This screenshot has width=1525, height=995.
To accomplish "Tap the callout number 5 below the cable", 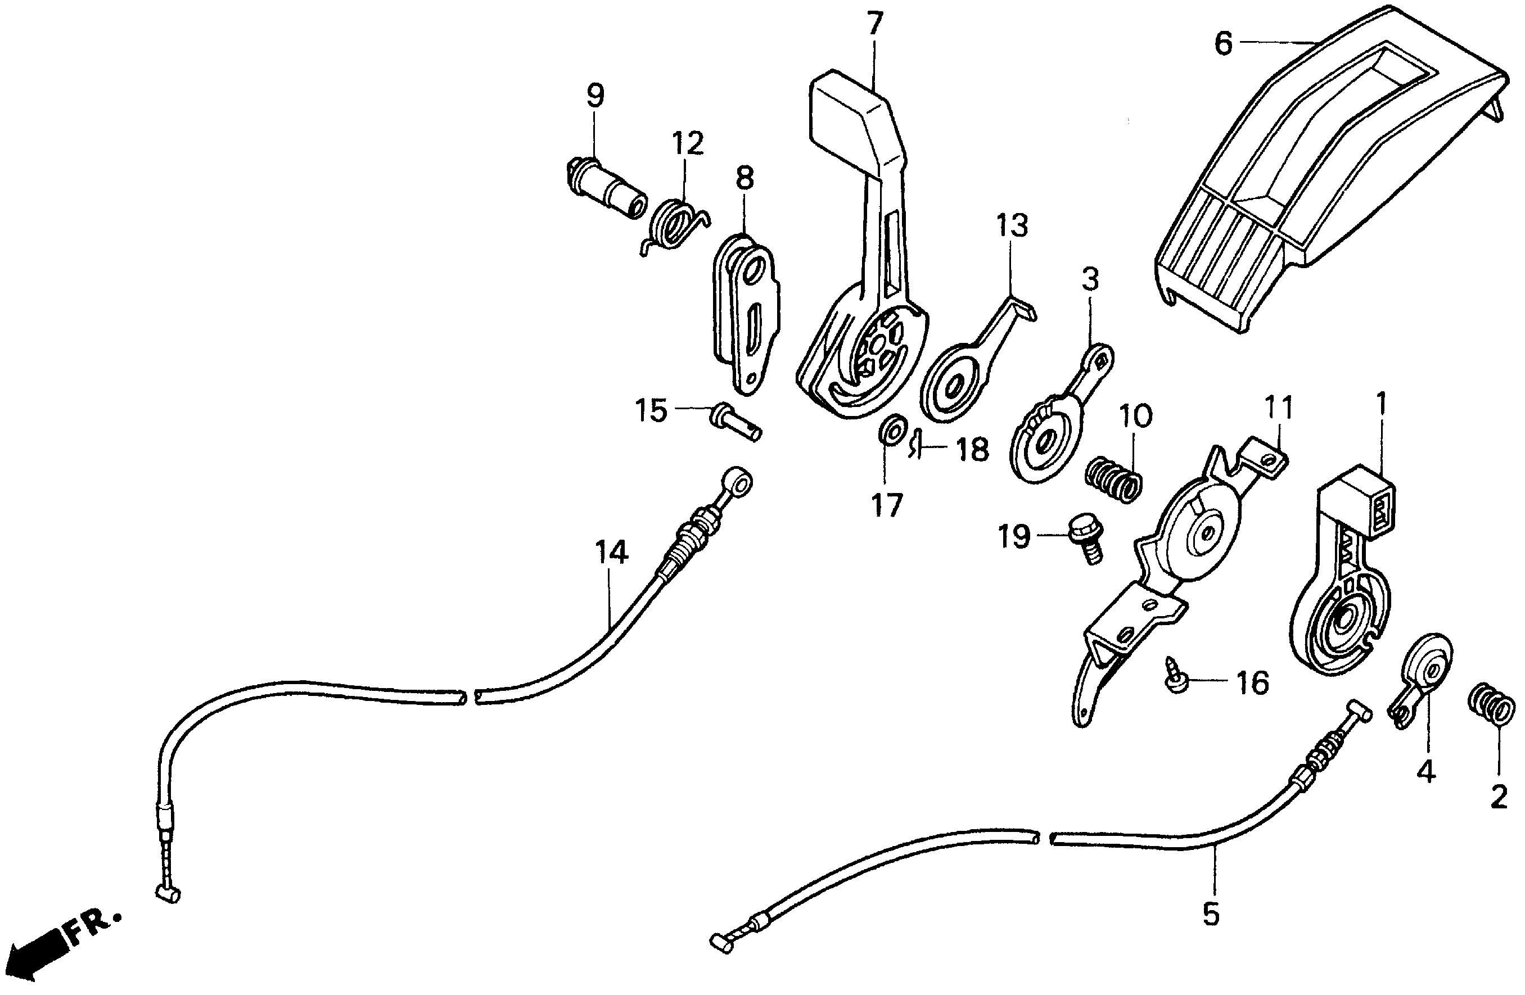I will click(x=1210, y=913).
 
